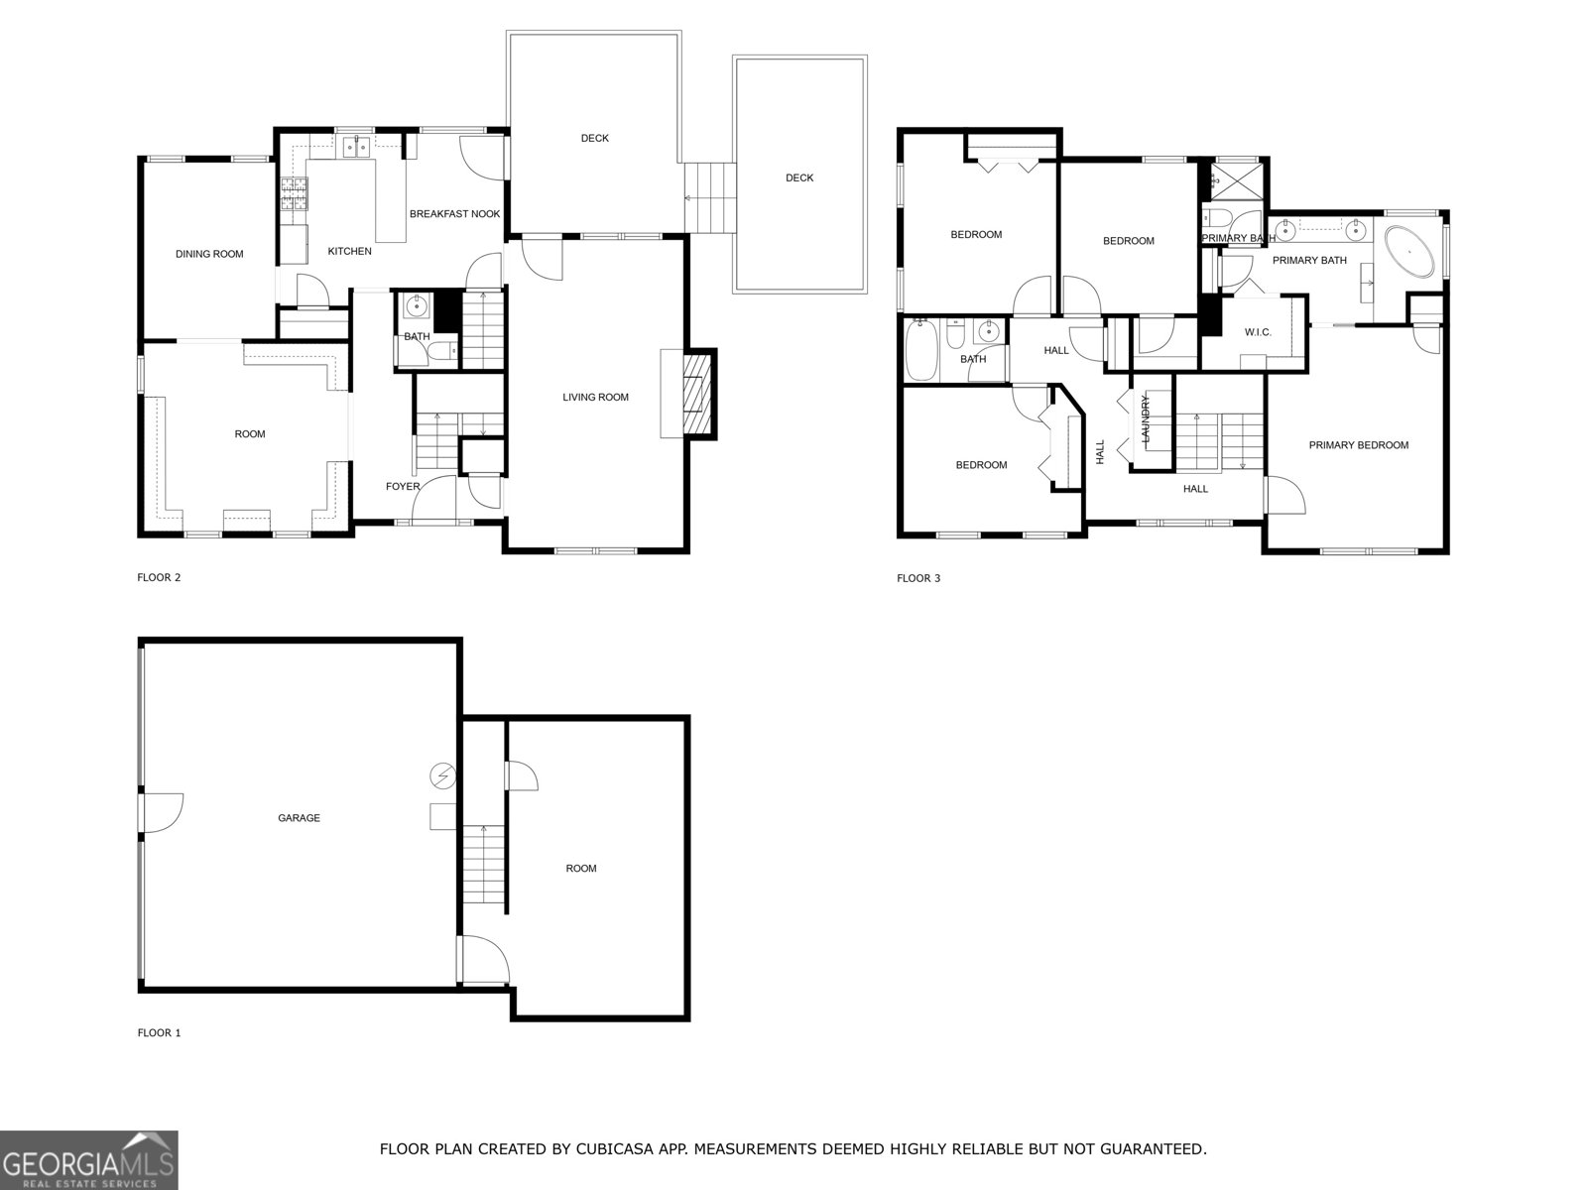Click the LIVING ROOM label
[595, 398]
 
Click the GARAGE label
[299, 818]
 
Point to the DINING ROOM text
[209, 254]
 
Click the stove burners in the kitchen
[295, 194]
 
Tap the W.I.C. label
[1258, 332]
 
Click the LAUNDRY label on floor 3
[1145, 418]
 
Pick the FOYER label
[403, 487]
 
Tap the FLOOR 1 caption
[159, 1032]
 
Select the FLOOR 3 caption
[918, 578]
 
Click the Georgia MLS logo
[88, 1159]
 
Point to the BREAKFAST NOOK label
[455, 214]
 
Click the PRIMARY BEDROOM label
[1358, 445]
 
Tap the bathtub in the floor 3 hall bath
[920, 350]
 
